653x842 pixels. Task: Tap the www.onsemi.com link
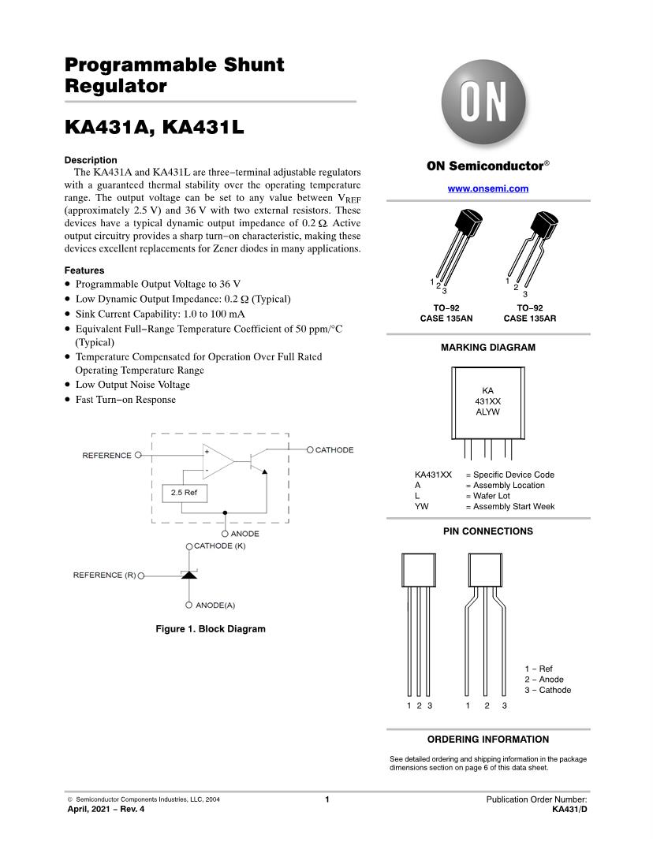pos(487,188)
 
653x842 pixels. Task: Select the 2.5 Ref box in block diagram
pos(184,493)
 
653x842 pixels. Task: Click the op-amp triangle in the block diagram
pos(217,462)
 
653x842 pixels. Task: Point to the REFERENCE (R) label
pos(104,575)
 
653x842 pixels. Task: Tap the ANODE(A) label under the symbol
pos(215,605)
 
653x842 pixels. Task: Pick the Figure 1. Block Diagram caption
pos(211,629)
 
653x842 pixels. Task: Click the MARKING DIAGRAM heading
pos(487,347)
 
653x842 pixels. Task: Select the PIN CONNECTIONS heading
pos(487,531)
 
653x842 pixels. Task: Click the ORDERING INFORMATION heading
pos(487,740)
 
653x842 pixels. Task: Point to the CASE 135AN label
pos(446,319)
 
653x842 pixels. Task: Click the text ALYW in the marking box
pos(487,412)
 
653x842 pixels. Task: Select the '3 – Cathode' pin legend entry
pos(547,690)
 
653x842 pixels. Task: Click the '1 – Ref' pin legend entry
pos(539,669)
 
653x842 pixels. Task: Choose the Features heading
pos(84,270)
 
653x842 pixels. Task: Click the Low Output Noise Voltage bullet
pos(132,385)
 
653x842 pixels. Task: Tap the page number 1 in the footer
pos(326,799)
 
